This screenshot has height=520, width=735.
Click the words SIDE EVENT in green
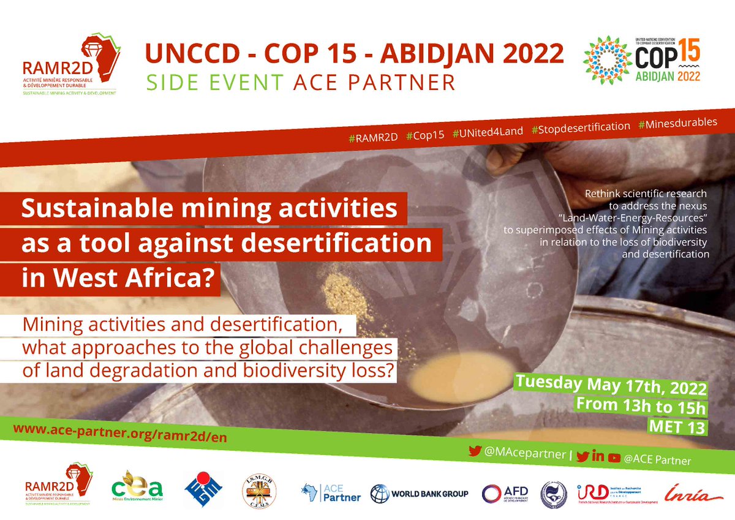(x=222, y=82)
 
